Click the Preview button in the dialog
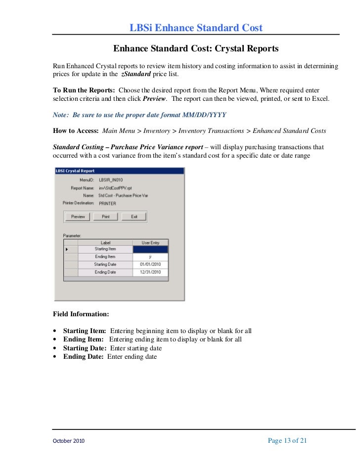pos(78,216)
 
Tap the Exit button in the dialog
pos(134,216)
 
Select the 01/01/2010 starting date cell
pos(150,264)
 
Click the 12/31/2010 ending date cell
pos(150,272)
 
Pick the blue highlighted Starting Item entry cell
pos(150,250)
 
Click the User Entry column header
pos(150,243)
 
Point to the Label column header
pos(105,243)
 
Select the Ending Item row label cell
pos(105,257)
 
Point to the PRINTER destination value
pos(108,203)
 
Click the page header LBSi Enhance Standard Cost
pos(196,28)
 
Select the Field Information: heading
pos(81,314)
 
